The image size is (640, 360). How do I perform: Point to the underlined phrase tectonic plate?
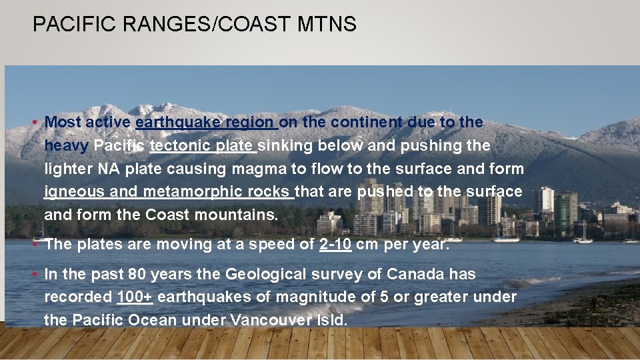click(202, 145)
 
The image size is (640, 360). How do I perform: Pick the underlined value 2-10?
click(335, 244)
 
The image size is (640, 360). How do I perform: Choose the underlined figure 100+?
click(134, 297)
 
